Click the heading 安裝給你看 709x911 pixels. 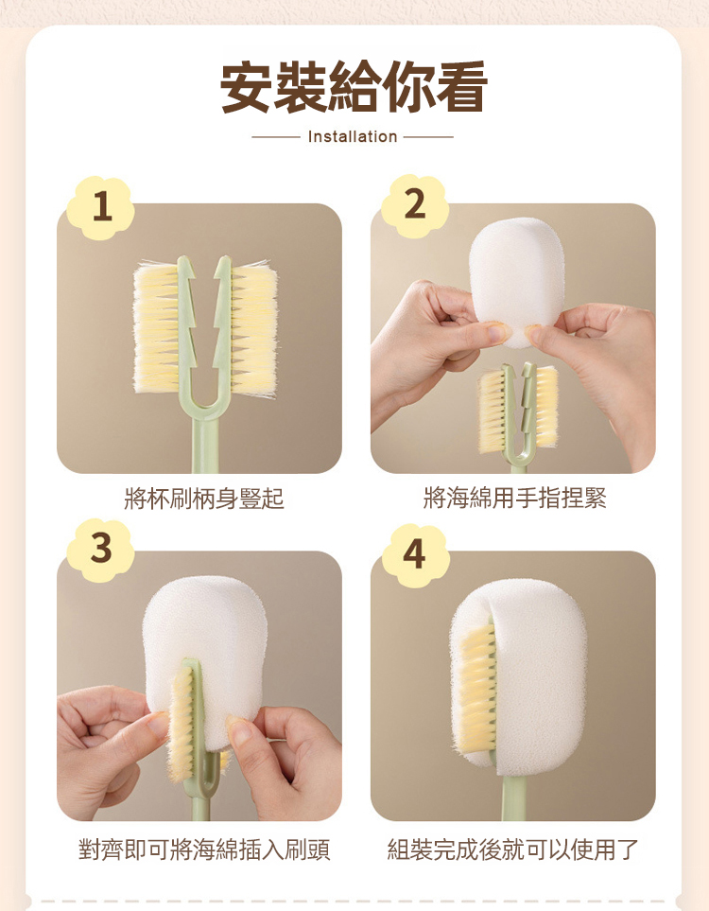[354, 87]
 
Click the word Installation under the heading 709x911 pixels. [353, 137]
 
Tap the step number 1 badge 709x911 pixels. [101, 207]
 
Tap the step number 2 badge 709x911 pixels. [415, 205]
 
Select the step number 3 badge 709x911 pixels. [101, 549]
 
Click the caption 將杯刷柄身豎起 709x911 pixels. [204, 499]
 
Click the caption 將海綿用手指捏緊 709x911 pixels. [514, 499]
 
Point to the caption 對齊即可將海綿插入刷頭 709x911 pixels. [204, 850]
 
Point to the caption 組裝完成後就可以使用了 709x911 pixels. [512, 850]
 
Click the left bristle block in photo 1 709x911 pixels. [156, 328]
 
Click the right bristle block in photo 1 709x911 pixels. [253, 328]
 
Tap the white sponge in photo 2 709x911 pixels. [516, 282]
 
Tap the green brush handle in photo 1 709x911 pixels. [205, 442]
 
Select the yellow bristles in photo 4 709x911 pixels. [476, 689]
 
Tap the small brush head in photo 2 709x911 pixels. [518, 410]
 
